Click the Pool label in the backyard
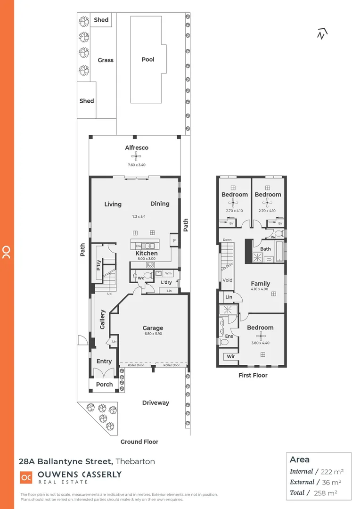tap(148, 59)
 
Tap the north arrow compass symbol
tap(322, 33)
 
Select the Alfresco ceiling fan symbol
tap(137, 156)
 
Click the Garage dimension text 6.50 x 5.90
tap(153, 334)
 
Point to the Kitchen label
tap(146, 253)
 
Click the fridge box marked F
tap(174, 240)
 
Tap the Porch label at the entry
tap(104, 384)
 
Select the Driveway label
tap(155, 402)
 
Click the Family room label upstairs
tap(260, 284)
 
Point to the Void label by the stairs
tap(228, 280)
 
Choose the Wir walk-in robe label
tap(231, 357)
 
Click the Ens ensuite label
tap(229, 336)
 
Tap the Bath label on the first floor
tap(265, 249)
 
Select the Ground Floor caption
tap(139, 442)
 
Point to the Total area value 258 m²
tap(331, 493)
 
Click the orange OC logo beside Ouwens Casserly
tap(26, 477)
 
